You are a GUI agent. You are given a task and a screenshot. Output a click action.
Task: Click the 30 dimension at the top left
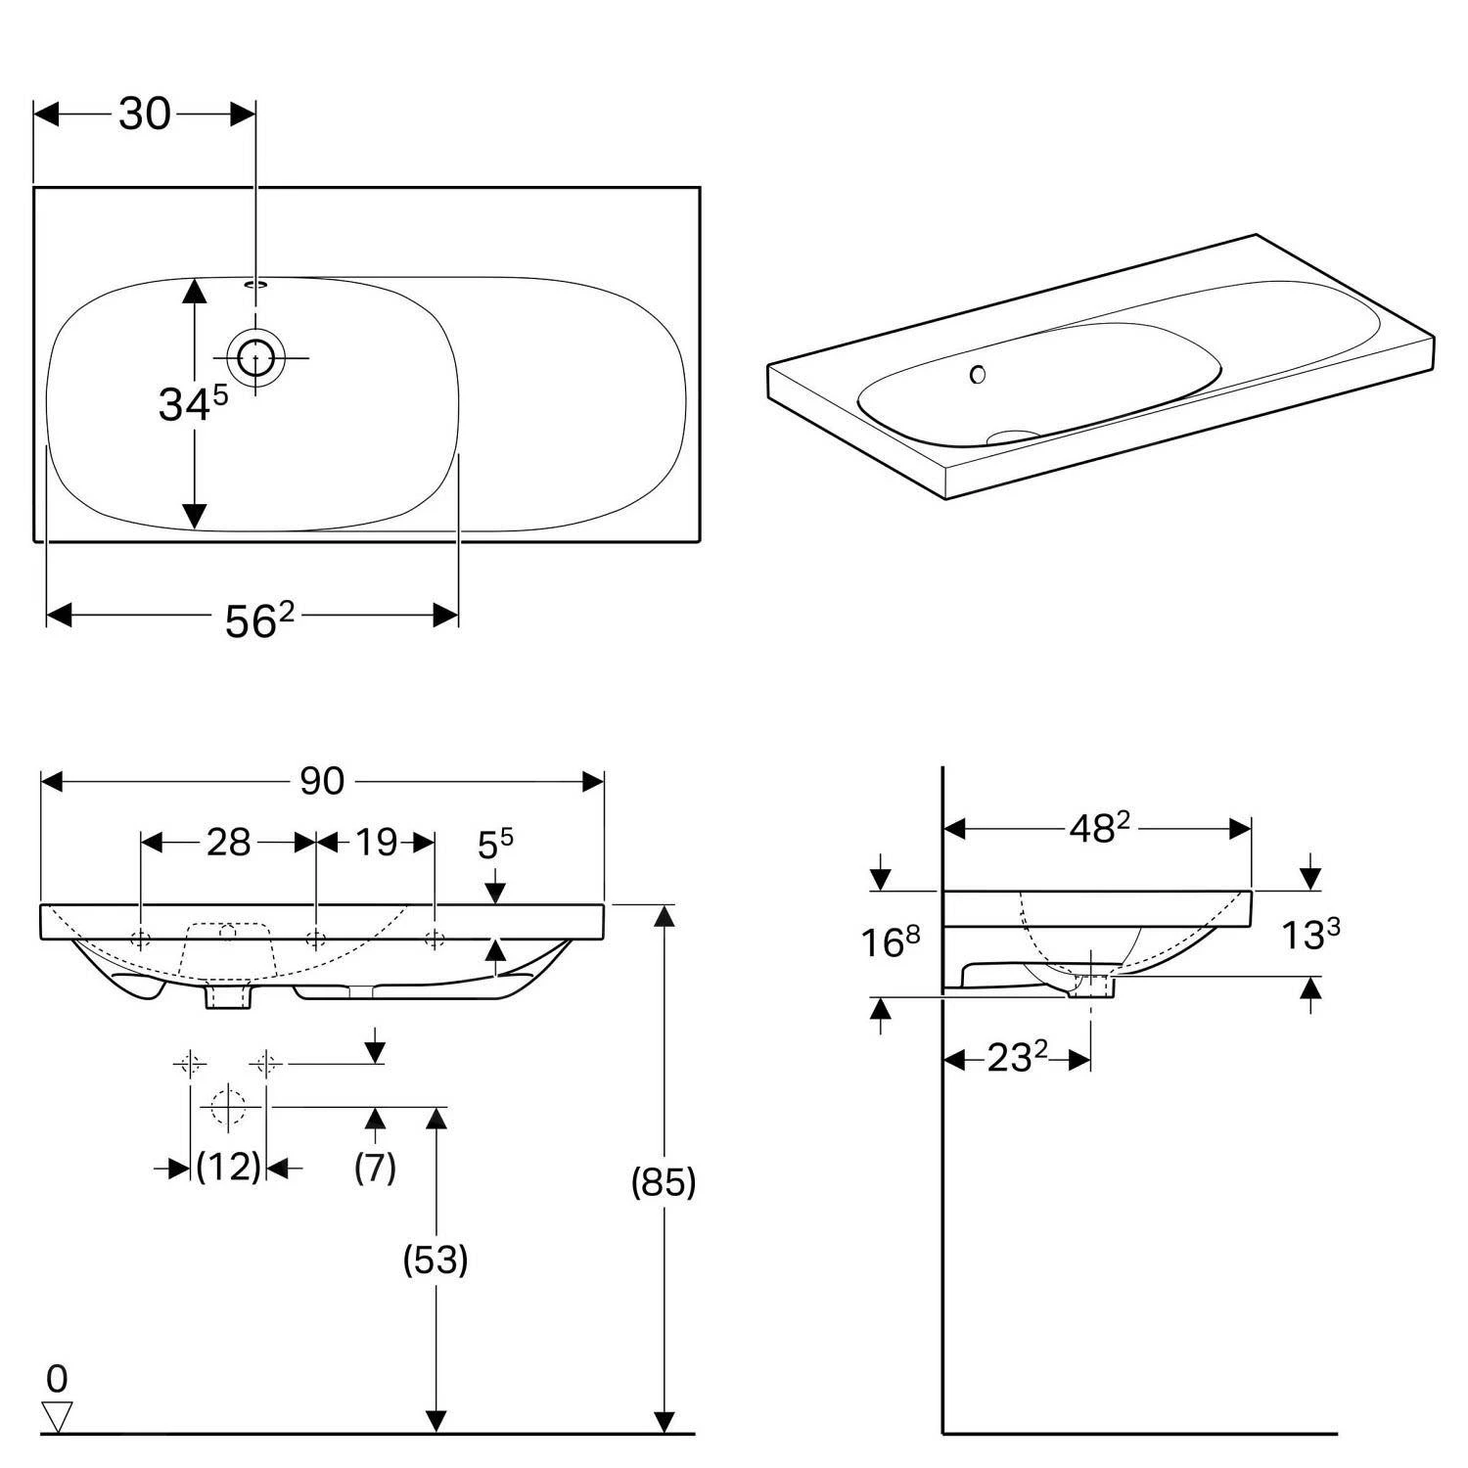(x=145, y=115)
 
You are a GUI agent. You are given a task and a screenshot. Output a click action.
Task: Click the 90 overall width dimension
(x=322, y=781)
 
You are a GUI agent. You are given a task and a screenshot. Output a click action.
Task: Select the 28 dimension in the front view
(x=228, y=842)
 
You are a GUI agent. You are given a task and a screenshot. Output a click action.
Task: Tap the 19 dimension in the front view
(x=376, y=842)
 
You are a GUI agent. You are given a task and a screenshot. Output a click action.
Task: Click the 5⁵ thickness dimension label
(x=495, y=844)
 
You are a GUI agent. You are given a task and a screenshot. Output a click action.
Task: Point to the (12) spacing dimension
(x=228, y=1167)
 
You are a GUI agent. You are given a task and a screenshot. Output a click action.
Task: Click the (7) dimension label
(x=375, y=1167)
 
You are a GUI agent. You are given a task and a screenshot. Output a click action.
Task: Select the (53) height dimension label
(x=436, y=1260)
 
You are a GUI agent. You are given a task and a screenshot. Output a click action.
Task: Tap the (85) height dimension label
(x=664, y=1182)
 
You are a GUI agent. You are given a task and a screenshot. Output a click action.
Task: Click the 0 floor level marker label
(x=57, y=1379)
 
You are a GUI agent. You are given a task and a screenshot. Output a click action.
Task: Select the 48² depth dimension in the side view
(x=1098, y=829)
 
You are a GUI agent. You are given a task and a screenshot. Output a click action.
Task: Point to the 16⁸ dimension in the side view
(x=890, y=941)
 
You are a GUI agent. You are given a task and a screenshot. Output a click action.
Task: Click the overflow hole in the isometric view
(x=977, y=374)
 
